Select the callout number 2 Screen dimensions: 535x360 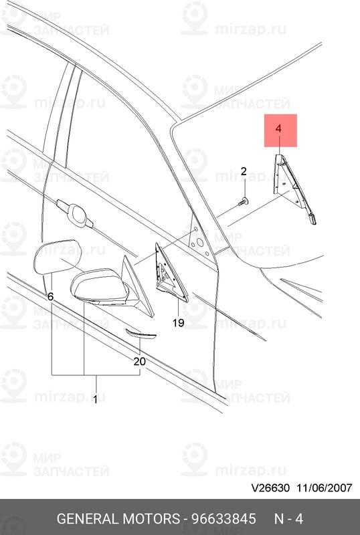tap(244, 172)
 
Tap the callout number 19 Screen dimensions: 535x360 tap(177, 323)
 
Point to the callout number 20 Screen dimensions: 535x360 tap(139, 361)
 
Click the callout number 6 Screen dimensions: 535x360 tap(50, 295)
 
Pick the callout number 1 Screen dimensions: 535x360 tap(95, 400)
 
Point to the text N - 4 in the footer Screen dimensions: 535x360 tap(289, 519)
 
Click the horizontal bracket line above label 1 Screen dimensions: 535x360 tap(95, 374)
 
